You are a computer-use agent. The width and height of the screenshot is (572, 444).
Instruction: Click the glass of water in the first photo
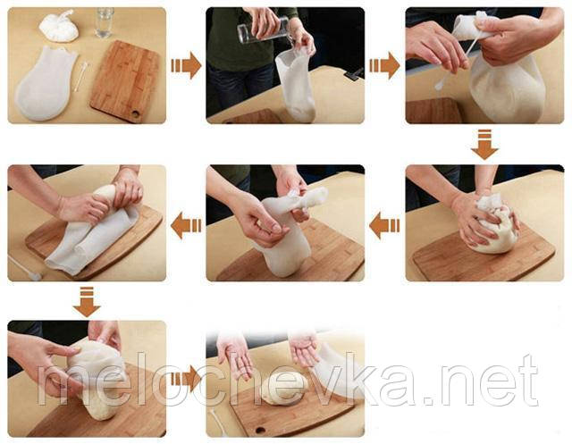click(104, 22)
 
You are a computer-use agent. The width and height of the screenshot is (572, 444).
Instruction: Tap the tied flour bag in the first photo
click(59, 26)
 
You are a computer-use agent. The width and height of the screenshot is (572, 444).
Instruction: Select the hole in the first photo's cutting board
click(136, 113)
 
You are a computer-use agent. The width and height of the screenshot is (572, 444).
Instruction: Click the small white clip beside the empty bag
click(81, 77)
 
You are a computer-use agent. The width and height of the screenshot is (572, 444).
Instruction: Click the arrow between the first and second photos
click(187, 65)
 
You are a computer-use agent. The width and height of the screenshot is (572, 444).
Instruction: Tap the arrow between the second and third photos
click(385, 65)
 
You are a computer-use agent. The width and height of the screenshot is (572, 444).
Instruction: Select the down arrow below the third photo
click(484, 145)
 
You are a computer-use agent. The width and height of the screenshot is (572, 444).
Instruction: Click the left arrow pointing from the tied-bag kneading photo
click(384, 226)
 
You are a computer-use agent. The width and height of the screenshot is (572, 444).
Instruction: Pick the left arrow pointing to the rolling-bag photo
click(186, 226)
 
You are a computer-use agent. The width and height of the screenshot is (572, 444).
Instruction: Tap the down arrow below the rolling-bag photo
click(87, 302)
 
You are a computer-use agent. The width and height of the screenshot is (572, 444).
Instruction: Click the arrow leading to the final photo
click(187, 379)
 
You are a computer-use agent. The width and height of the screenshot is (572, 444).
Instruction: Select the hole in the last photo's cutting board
click(260, 430)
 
